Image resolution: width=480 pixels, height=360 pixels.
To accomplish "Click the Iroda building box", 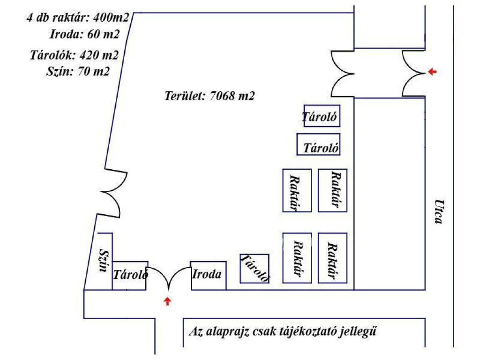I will coord(208,275).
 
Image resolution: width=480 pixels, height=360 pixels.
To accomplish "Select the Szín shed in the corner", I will coord(104,261).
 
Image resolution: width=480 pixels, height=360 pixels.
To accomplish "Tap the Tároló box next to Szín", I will coord(130,275).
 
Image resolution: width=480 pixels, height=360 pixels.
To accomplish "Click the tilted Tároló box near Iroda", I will coord(255,269).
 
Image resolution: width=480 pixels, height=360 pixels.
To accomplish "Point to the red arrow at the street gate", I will coord(432,72).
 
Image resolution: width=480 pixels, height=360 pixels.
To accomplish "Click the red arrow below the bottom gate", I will coord(167,301).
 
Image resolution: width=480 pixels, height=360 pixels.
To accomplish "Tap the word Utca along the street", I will coord(438,212).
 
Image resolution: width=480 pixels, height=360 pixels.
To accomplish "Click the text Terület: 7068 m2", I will coord(209,96).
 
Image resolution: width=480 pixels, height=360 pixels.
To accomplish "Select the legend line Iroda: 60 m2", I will coord(84,34).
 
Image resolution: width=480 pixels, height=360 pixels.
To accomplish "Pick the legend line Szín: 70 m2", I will coord(77,71).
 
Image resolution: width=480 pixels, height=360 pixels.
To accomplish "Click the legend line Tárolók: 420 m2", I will coord(74,55).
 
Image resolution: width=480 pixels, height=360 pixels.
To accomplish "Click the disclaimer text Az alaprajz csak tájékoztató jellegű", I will coord(283,332).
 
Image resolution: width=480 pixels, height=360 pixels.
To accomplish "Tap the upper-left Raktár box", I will coord(297,190).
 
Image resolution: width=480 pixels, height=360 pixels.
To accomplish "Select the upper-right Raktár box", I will coord(333,190).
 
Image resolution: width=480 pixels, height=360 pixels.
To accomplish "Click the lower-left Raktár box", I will coord(297,257).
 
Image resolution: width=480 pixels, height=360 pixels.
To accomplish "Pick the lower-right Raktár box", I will coord(333,257).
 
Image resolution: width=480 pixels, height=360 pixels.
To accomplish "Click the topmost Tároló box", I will coord(322,116).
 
